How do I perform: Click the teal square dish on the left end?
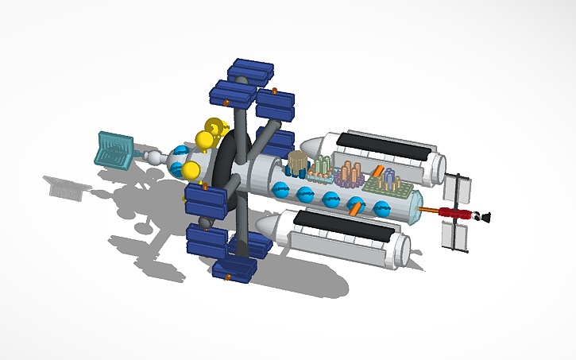[x=114, y=150]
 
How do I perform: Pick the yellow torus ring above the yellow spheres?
[x=215, y=126]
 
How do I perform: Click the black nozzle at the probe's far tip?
[x=485, y=215]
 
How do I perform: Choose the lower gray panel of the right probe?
[x=454, y=236]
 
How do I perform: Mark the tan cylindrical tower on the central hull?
[x=297, y=164]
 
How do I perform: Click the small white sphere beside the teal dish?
[x=153, y=158]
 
